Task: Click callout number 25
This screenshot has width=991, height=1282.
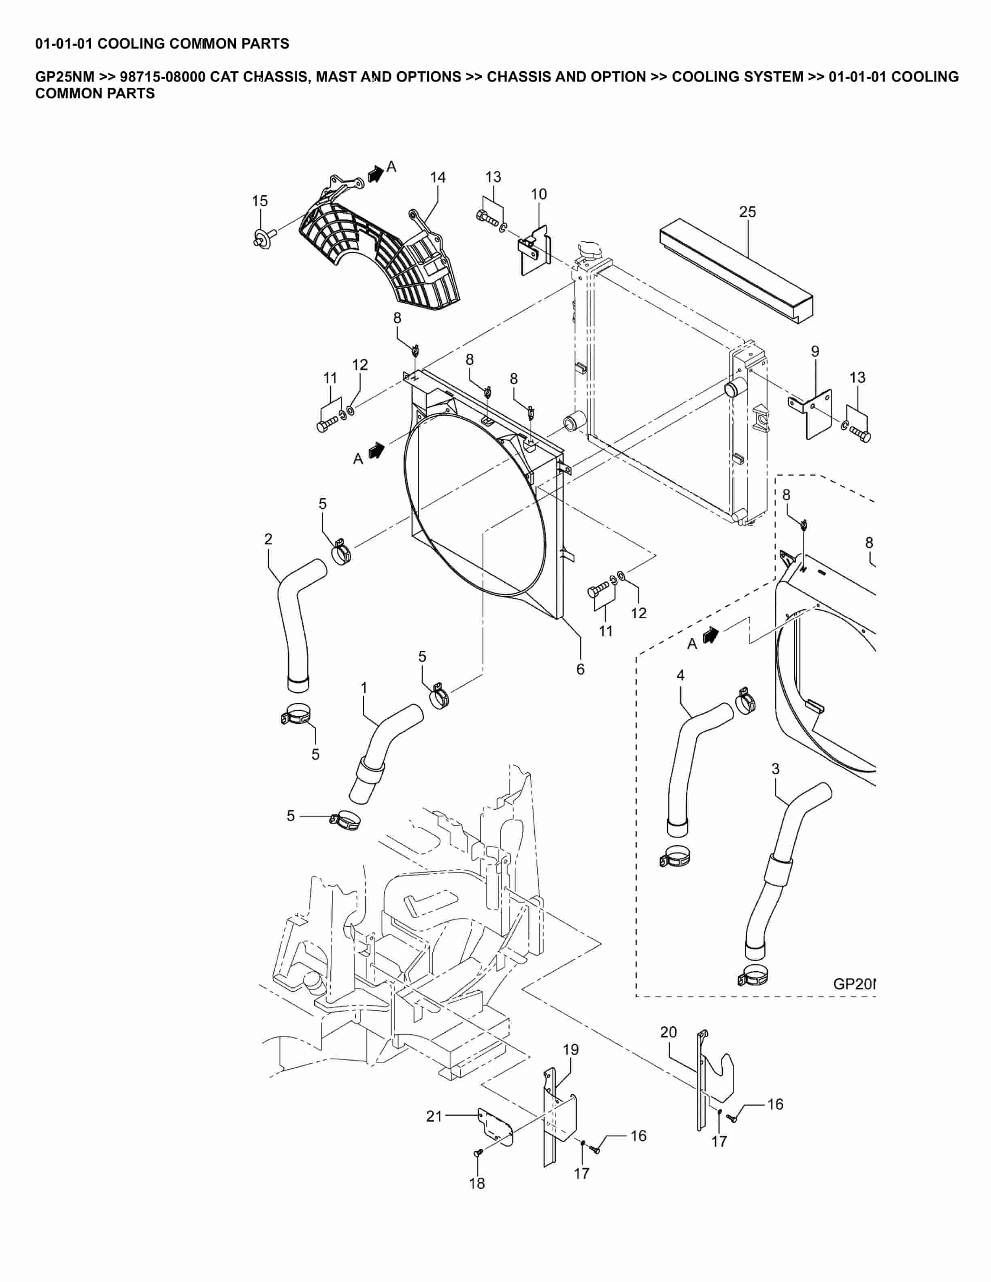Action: [747, 212]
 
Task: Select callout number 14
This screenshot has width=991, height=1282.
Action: [437, 177]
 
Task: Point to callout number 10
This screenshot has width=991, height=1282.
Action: [538, 194]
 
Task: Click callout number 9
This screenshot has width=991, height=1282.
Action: [815, 352]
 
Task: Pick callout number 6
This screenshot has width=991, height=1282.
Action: [580, 669]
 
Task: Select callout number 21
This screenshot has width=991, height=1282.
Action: [434, 1116]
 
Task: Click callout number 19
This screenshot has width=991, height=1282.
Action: [571, 1050]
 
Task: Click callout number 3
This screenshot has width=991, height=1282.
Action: [775, 769]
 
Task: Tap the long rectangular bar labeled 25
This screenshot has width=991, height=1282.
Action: [737, 270]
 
